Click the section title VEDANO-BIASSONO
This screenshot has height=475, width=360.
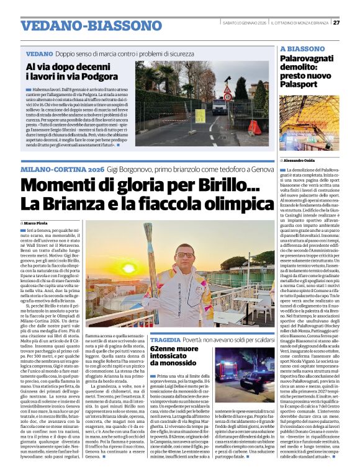point(83,26)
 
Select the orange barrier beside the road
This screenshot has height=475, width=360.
point(255,128)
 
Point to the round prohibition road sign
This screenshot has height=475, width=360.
point(227,97)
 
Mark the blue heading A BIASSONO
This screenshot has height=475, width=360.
point(302,48)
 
